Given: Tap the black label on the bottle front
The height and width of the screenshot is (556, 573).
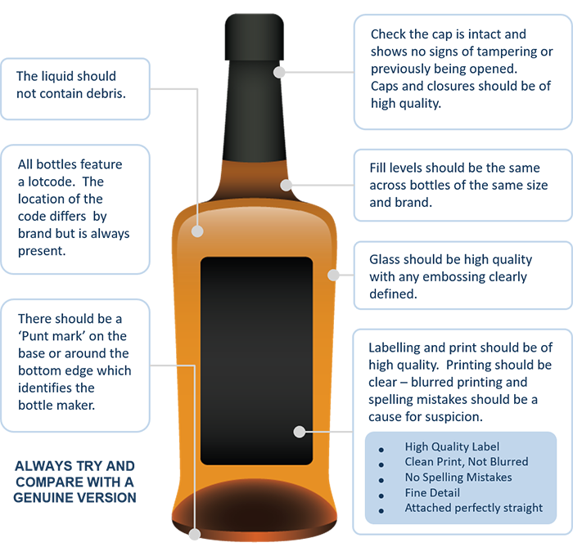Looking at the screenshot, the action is pos(256,361).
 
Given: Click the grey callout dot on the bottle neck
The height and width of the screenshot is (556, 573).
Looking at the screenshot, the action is pos(279,72).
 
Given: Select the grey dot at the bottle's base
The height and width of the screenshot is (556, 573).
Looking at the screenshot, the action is pos(195,535).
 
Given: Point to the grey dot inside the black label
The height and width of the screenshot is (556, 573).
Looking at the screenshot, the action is pos(300,432).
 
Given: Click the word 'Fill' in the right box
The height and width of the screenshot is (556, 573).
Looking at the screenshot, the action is pos(377,168).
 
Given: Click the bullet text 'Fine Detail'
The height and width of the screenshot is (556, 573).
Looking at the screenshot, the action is pos(432,493).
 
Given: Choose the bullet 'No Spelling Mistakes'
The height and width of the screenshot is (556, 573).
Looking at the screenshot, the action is pos(458,478).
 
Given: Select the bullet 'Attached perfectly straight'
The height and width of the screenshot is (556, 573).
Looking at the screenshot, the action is pos(474,509).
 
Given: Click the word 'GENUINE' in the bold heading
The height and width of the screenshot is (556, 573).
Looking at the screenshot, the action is pos(43,498).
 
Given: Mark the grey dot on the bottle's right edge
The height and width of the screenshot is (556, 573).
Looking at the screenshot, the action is pos(333,275).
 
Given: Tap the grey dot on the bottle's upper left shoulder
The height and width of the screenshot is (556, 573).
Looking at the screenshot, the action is pos(197,231).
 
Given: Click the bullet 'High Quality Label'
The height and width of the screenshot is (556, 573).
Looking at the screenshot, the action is pos(452,447).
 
